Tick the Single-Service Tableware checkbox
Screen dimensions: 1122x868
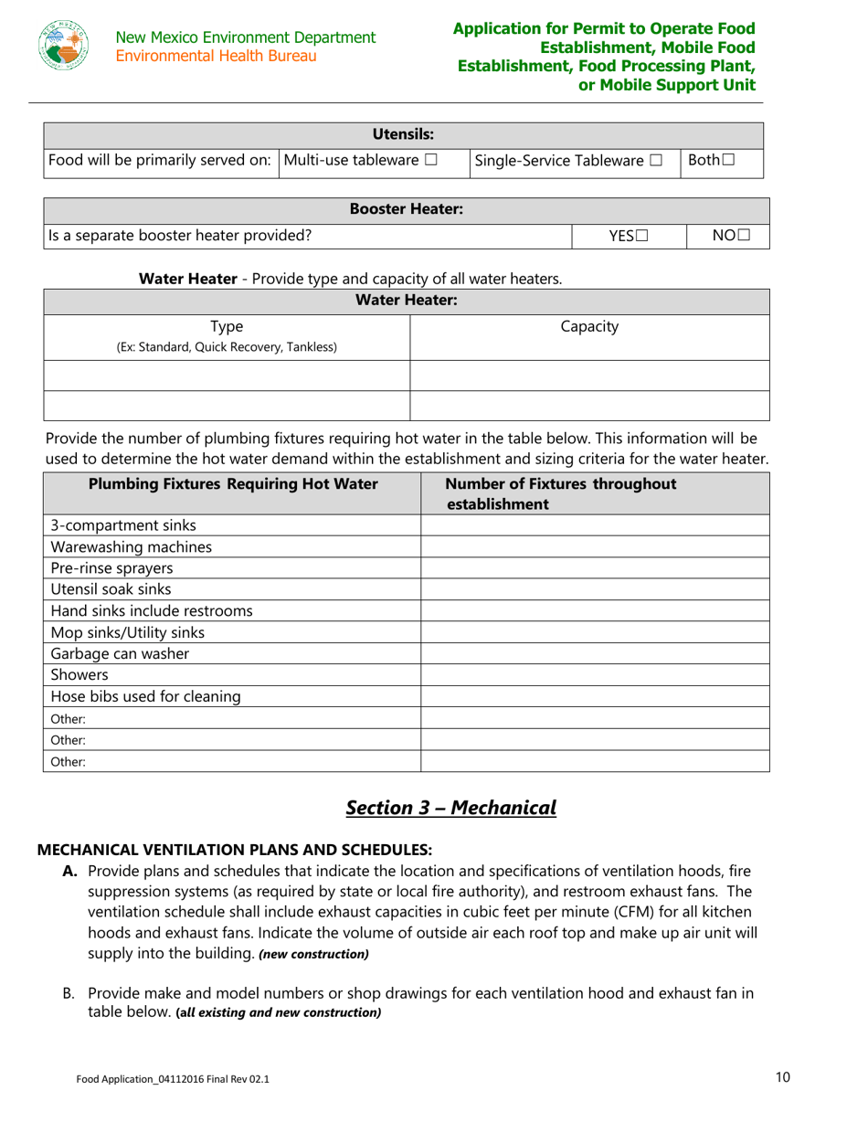[x=656, y=161]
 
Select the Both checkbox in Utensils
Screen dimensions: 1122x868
[x=728, y=161]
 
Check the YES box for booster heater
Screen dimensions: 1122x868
[x=642, y=236]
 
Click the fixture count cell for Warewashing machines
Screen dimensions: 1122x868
[x=594, y=547]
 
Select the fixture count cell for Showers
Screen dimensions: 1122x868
[x=594, y=675]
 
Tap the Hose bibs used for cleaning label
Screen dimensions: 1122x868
[x=145, y=696]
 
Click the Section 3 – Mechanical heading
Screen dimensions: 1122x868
[x=451, y=808]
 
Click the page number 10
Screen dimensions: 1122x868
[x=782, y=1077]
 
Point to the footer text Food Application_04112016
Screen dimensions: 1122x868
[x=173, y=1079]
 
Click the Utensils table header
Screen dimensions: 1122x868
[x=403, y=134]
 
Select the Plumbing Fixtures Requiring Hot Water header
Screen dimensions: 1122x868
[x=233, y=484]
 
